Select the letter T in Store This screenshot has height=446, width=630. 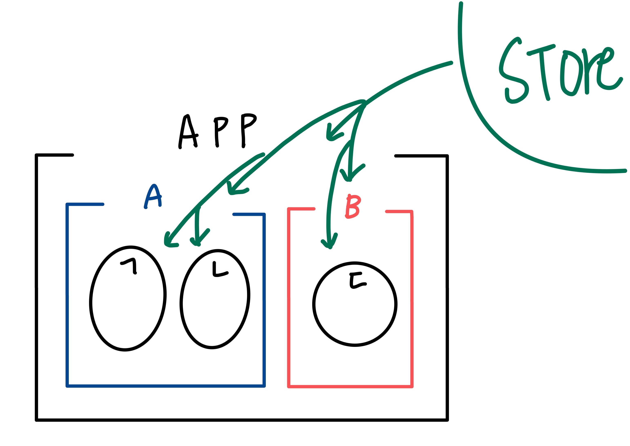(542, 70)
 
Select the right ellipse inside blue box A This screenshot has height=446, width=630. (215, 299)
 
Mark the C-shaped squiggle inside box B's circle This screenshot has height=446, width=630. (357, 280)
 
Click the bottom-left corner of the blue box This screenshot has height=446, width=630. (67, 386)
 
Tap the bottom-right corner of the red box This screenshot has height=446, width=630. (412, 387)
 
